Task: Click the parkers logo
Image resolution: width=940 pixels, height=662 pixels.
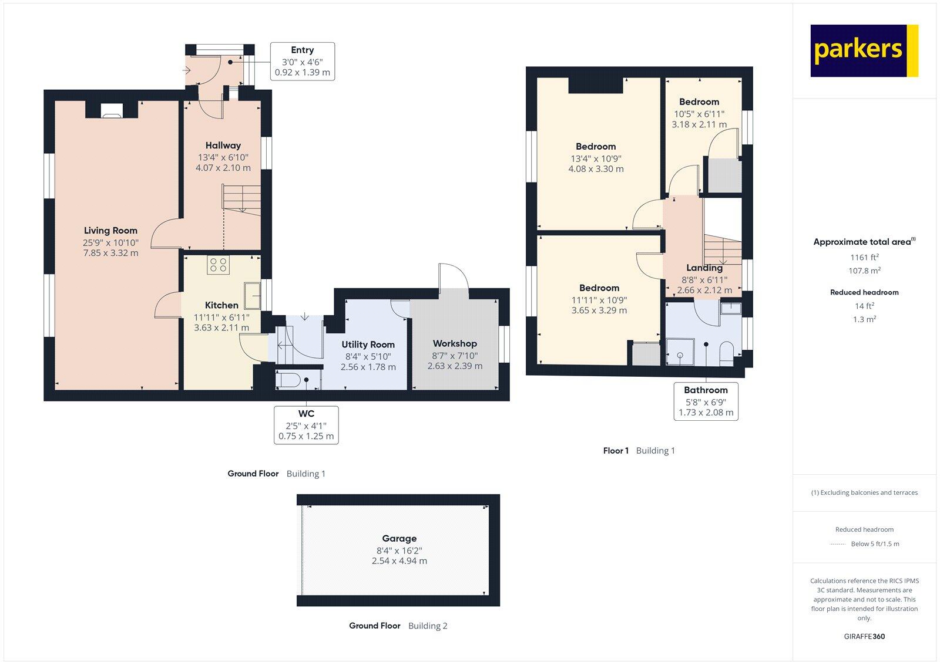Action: pos(864,50)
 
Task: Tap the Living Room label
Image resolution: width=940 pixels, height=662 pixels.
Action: pos(110,231)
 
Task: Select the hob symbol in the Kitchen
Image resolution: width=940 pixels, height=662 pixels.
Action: pos(218,265)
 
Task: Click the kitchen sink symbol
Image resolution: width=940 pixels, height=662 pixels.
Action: pos(253,295)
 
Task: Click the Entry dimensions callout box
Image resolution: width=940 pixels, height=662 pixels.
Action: pos(302,61)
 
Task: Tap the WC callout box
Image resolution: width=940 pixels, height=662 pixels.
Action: pos(305,425)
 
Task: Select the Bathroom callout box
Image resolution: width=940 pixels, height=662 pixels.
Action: pos(705,401)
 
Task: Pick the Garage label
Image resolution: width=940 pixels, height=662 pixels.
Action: pos(399,538)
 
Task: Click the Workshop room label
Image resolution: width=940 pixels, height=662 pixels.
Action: pos(454,343)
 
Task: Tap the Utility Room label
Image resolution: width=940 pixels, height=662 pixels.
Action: pos(368,344)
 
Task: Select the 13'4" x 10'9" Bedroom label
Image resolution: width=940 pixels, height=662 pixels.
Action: pos(596,147)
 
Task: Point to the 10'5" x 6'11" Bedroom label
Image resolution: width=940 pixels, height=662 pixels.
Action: pos(699,102)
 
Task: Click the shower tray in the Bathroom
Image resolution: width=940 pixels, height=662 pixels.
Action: pos(680,352)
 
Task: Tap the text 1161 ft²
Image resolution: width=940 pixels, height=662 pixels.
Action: pos(864,257)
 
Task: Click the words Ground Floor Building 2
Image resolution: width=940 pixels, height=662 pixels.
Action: pos(398,626)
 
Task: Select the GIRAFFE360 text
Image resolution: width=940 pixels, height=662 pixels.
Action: pos(864,636)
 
